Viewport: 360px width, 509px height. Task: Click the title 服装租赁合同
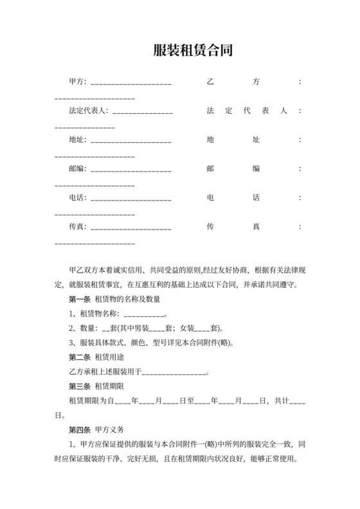click(192, 50)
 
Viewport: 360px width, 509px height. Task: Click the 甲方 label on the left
click(77, 82)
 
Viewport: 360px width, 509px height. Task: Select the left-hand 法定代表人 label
click(89, 111)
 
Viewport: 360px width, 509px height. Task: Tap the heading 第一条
click(80, 299)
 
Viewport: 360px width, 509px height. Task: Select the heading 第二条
click(80, 357)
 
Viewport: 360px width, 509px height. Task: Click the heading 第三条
click(80, 386)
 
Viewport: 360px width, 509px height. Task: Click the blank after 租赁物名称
click(144, 315)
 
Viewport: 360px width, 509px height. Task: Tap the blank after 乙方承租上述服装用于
click(173, 373)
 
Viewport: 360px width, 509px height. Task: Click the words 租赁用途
click(109, 357)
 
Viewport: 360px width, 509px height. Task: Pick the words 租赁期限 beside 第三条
click(109, 386)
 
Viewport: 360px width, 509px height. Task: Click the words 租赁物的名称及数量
click(127, 299)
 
